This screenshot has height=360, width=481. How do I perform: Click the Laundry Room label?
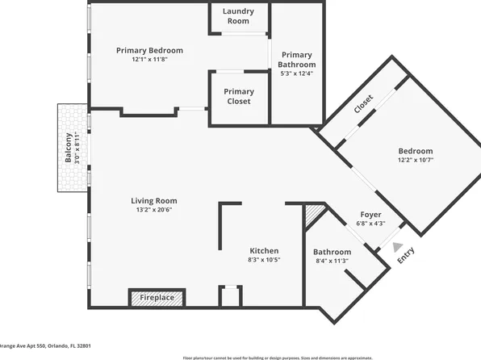(x=238, y=16)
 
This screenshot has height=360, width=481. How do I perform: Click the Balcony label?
(x=69, y=149)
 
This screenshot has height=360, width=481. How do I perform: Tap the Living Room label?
(x=154, y=201)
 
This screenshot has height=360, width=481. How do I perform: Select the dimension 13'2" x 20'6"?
(x=154, y=210)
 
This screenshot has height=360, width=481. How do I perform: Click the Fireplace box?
(x=157, y=298)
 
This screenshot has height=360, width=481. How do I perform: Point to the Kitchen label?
(x=264, y=250)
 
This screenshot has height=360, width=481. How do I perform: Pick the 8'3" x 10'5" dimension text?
(x=264, y=260)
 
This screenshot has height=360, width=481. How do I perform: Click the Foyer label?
(x=370, y=215)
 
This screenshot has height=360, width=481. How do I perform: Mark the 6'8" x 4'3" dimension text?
(x=370, y=224)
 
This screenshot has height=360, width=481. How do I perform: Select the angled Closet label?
(x=363, y=106)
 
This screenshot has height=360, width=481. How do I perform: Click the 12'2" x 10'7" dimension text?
(x=416, y=160)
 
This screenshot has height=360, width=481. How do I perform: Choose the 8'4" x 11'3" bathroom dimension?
(x=332, y=261)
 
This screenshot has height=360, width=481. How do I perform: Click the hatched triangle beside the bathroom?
(x=314, y=214)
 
